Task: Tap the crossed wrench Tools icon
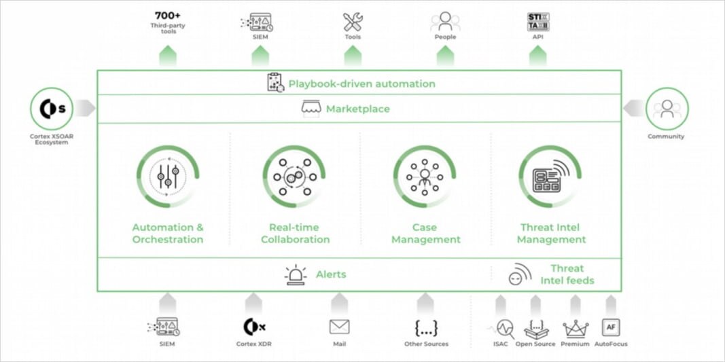tap(353, 21)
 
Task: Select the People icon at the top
tap(445, 21)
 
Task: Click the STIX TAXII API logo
tap(537, 21)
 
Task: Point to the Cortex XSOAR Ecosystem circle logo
tap(51, 109)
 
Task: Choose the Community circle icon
tap(667, 109)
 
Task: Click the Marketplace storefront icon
tap(311, 109)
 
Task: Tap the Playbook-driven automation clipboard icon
tap(274, 83)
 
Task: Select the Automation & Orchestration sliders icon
tap(168, 177)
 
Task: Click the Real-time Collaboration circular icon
tap(294, 177)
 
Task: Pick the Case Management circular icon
tap(425, 177)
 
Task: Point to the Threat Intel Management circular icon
tap(550, 177)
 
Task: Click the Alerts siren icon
tap(296, 275)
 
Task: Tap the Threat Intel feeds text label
tap(567, 274)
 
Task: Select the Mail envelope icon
tap(339, 327)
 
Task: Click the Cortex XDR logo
tap(254, 327)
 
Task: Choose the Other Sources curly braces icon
tap(426, 327)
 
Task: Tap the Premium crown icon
tap(576, 329)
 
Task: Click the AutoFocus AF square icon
tap(611, 327)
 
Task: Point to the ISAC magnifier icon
tap(504, 329)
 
